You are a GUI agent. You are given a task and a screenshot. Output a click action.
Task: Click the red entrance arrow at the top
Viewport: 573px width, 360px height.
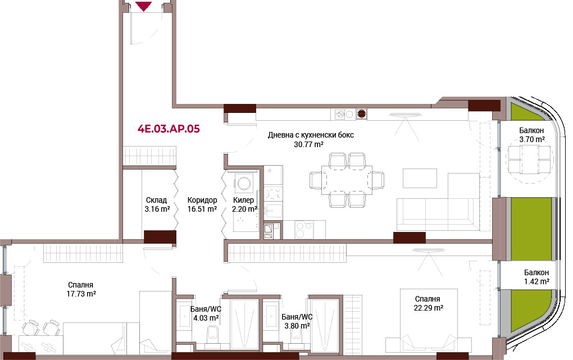tap(144, 6)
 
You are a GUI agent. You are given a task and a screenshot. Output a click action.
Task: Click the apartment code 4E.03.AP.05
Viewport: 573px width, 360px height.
tap(169, 129)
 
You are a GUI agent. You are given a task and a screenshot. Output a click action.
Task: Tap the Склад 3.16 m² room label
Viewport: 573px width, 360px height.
tap(157, 204)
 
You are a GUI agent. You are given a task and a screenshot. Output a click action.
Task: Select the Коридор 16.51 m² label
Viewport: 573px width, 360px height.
tap(202, 204)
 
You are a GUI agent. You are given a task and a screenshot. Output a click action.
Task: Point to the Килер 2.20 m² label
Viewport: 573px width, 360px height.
tap(244, 204)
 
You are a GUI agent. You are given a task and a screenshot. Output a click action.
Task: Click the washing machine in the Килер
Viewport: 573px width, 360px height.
tap(244, 181)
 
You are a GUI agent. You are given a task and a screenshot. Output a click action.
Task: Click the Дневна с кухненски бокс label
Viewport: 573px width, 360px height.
tap(311, 139)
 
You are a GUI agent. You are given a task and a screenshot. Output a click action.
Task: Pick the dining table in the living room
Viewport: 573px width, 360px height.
tap(347, 180)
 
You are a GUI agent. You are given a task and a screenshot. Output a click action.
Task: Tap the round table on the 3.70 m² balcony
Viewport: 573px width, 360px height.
tap(530, 160)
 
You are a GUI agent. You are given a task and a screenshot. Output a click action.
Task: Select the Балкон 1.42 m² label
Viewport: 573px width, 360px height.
tap(536, 277)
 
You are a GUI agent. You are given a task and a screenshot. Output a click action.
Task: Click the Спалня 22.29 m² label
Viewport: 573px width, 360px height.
tap(428, 303)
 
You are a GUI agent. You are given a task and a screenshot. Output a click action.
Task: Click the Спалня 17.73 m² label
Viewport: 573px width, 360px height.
tap(81, 289)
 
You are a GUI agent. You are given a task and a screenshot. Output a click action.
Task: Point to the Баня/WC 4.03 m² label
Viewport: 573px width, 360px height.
tap(206, 313)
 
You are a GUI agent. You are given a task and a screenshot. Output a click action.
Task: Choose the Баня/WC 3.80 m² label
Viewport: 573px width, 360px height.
tap(297, 321)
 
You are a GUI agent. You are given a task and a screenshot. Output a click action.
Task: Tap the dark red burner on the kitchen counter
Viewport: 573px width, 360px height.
tap(361, 115)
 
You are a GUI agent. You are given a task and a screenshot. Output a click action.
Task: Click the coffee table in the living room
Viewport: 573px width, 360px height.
tap(420, 178)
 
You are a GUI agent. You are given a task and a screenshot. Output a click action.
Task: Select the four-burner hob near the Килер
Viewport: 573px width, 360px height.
tap(304, 230)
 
